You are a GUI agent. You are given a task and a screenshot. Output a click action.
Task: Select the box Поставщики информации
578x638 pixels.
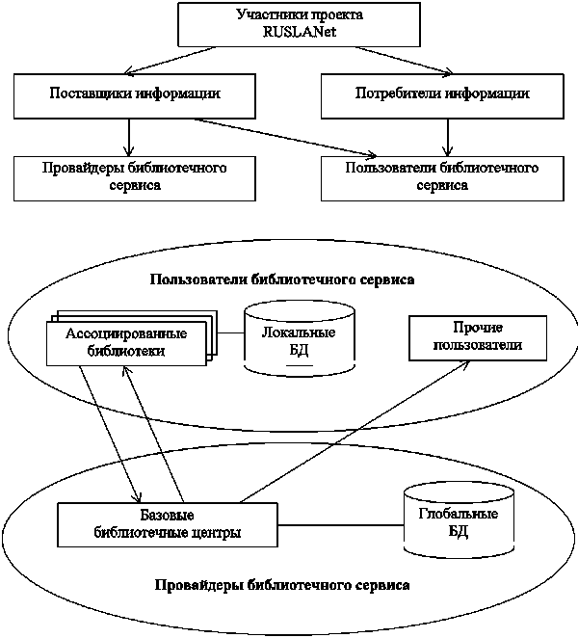[x=134, y=94]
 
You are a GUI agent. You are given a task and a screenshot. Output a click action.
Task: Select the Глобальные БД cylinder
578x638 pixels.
[x=444, y=524]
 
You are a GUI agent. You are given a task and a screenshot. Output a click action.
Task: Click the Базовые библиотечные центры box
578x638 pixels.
[x=168, y=523]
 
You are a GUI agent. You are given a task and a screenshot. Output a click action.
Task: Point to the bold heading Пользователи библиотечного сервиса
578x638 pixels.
[x=282, y=280]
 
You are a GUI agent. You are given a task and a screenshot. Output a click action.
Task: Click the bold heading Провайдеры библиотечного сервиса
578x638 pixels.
[x=281, y=584]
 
